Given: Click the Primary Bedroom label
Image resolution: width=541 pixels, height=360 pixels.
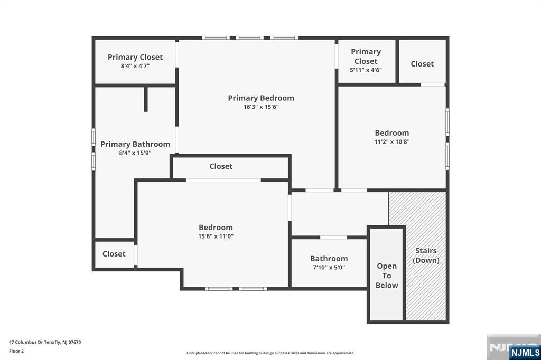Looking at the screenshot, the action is point(261,98).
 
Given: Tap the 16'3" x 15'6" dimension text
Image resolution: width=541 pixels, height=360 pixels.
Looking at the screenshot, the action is point(261,107).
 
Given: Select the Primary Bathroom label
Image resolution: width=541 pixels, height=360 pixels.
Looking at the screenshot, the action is point(135,144).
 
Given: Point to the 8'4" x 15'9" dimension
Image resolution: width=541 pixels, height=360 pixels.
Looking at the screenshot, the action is point(135,153).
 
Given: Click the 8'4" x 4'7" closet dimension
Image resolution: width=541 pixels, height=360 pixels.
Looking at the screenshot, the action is point(135,66).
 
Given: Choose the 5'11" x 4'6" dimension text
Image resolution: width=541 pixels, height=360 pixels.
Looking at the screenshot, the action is point(366,70).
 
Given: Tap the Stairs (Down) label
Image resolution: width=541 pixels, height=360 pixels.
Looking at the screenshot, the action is point(426,255).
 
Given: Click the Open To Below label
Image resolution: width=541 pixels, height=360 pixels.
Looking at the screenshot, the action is point(387,276).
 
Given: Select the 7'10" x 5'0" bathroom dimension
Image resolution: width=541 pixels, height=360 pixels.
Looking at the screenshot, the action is point(329,267).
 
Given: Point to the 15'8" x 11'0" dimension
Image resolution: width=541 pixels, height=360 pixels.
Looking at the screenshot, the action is point(216,236).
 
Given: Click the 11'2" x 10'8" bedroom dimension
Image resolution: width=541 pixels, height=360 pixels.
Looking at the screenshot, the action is point(392,141).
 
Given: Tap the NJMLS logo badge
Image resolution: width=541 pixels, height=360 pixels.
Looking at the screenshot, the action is point(525,352).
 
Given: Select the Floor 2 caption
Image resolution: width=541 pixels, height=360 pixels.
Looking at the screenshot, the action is point(16,351).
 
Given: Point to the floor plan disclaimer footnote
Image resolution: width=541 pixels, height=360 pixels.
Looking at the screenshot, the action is point(270,353).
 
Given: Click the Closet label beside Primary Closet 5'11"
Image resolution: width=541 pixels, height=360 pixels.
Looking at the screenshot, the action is point(422,64).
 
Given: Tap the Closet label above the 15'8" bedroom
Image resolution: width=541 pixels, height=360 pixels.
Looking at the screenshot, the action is point(221,166).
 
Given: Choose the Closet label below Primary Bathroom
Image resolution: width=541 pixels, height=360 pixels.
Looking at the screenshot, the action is point(114,254).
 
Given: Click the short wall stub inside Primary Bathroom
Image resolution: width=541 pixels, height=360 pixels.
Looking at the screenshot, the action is point(146,99).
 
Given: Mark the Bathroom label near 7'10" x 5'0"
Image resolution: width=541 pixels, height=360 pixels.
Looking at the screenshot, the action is point(329,259).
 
